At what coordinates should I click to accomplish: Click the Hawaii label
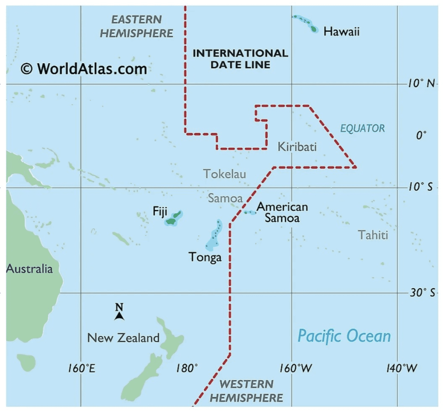click(x=341, y=31)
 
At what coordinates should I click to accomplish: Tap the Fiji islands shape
click(x=174, y=218)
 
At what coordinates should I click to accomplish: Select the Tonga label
click(x=205, y=257)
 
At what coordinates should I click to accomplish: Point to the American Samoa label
click(x=282, y=212)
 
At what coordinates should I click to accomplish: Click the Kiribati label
click(x=297, y=147)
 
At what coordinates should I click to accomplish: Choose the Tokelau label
click(x=225, y=174)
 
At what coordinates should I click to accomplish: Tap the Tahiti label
click(x=373, y=235)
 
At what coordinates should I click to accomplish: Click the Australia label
click(x=30, y=269)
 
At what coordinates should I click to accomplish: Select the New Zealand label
click(x=123, y=338)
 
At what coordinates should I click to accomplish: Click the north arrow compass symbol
click(x=119, y=312)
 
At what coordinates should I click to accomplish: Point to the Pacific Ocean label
click(x=344, y=336)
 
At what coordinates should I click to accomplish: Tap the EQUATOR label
click(x=363, y=129)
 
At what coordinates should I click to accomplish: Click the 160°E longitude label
click(x=82, y=368)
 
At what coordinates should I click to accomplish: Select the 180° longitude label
click(x=187, y=368)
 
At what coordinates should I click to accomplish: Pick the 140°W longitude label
click(x=402, y=368)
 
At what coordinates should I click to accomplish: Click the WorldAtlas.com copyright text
click(x=84, y=69)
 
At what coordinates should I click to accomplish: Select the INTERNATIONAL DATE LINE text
click(x=240, y=59)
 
